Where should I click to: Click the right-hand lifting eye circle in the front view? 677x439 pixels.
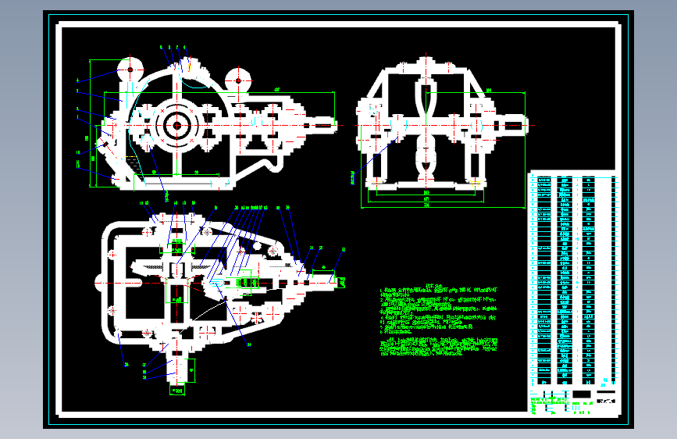click(x=237, y=79)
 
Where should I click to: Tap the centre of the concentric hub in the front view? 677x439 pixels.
click(x=177, y=125)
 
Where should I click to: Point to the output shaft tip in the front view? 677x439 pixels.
click(x=326, y=123)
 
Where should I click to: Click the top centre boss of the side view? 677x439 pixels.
click(x=426, y=62)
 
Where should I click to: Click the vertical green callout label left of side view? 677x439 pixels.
click(x=353, y=178)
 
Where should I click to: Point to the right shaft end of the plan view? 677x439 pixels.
click(x=328, y=276)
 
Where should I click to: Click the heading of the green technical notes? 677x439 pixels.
click(x=438, y=284)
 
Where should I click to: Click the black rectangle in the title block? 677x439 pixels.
click(x=583, y=394)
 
